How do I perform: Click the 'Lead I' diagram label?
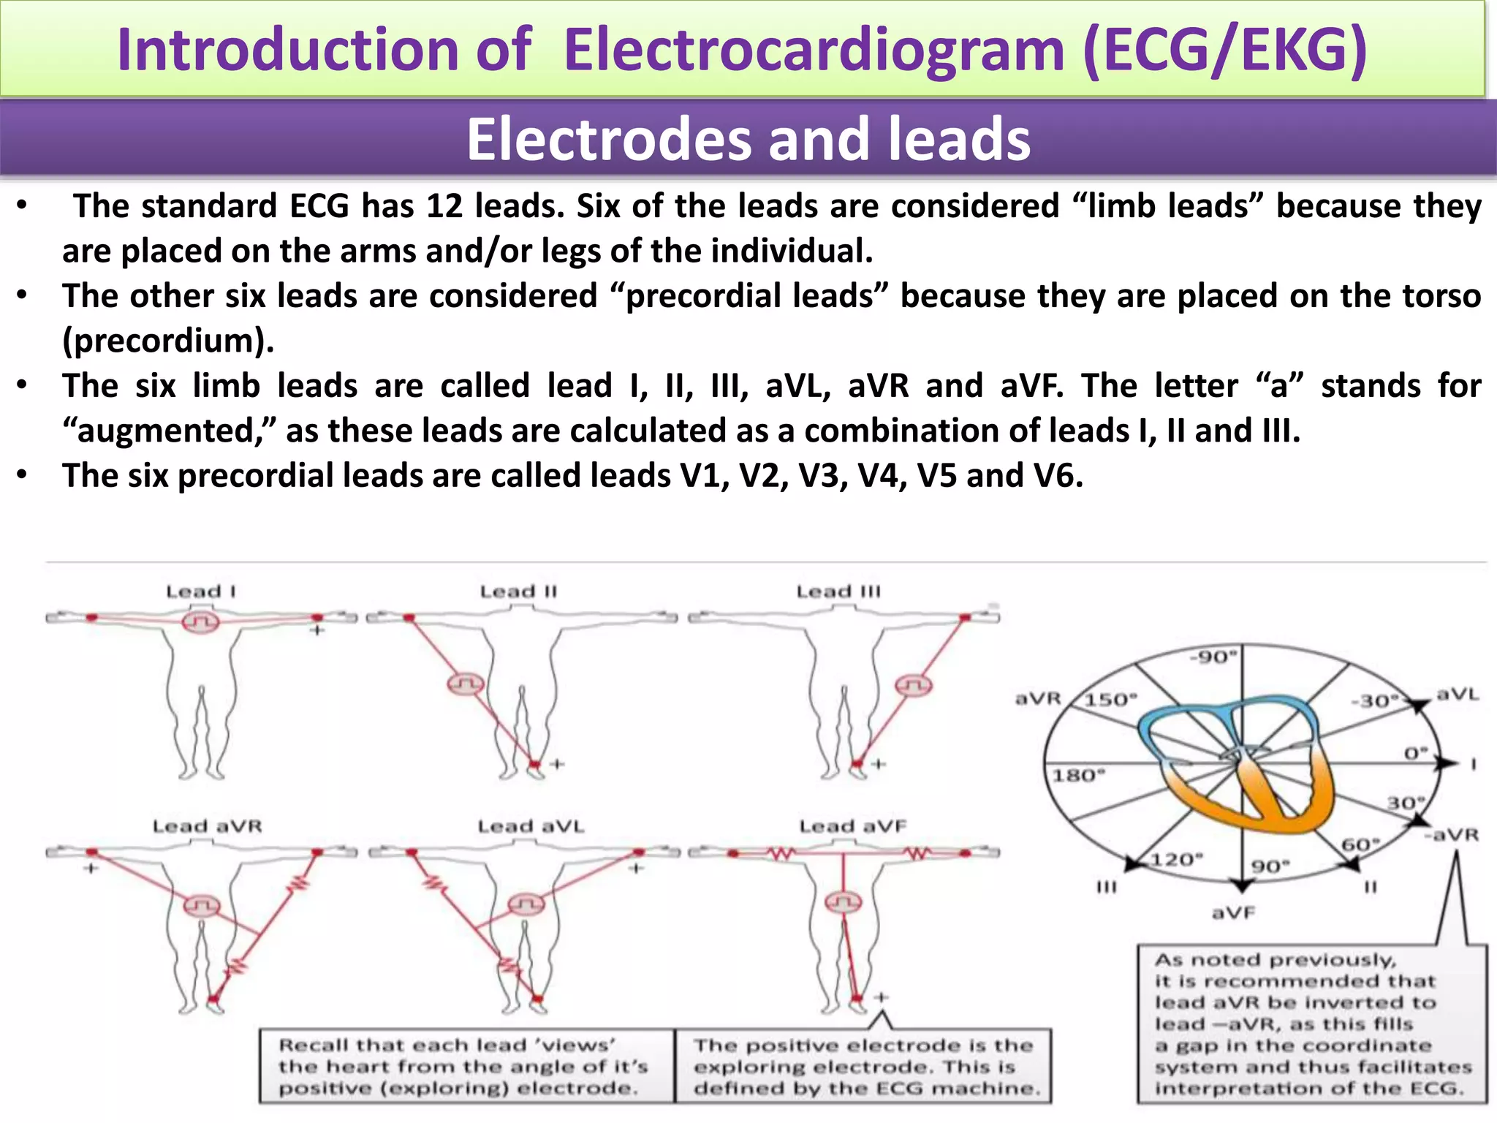[200, 591]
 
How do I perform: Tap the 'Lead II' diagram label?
[518, 591]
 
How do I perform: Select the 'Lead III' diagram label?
[838, 591]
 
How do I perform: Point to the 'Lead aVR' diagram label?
[207, 826]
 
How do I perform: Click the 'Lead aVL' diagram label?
[531, 826]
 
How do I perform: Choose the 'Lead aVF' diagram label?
[852, 826]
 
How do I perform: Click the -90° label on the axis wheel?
[1213, 657]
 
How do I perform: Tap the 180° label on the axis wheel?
[1078, 775]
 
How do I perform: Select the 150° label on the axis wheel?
[1110, 700]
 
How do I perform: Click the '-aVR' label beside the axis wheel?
[1451, 834]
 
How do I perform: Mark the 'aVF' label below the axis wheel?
[1233, 912]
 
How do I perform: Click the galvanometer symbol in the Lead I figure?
[200, 623]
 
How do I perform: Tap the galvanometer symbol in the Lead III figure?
[913, 686]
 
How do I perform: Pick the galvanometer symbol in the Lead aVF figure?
[844, 902]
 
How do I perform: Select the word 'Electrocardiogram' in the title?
[814, 50]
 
